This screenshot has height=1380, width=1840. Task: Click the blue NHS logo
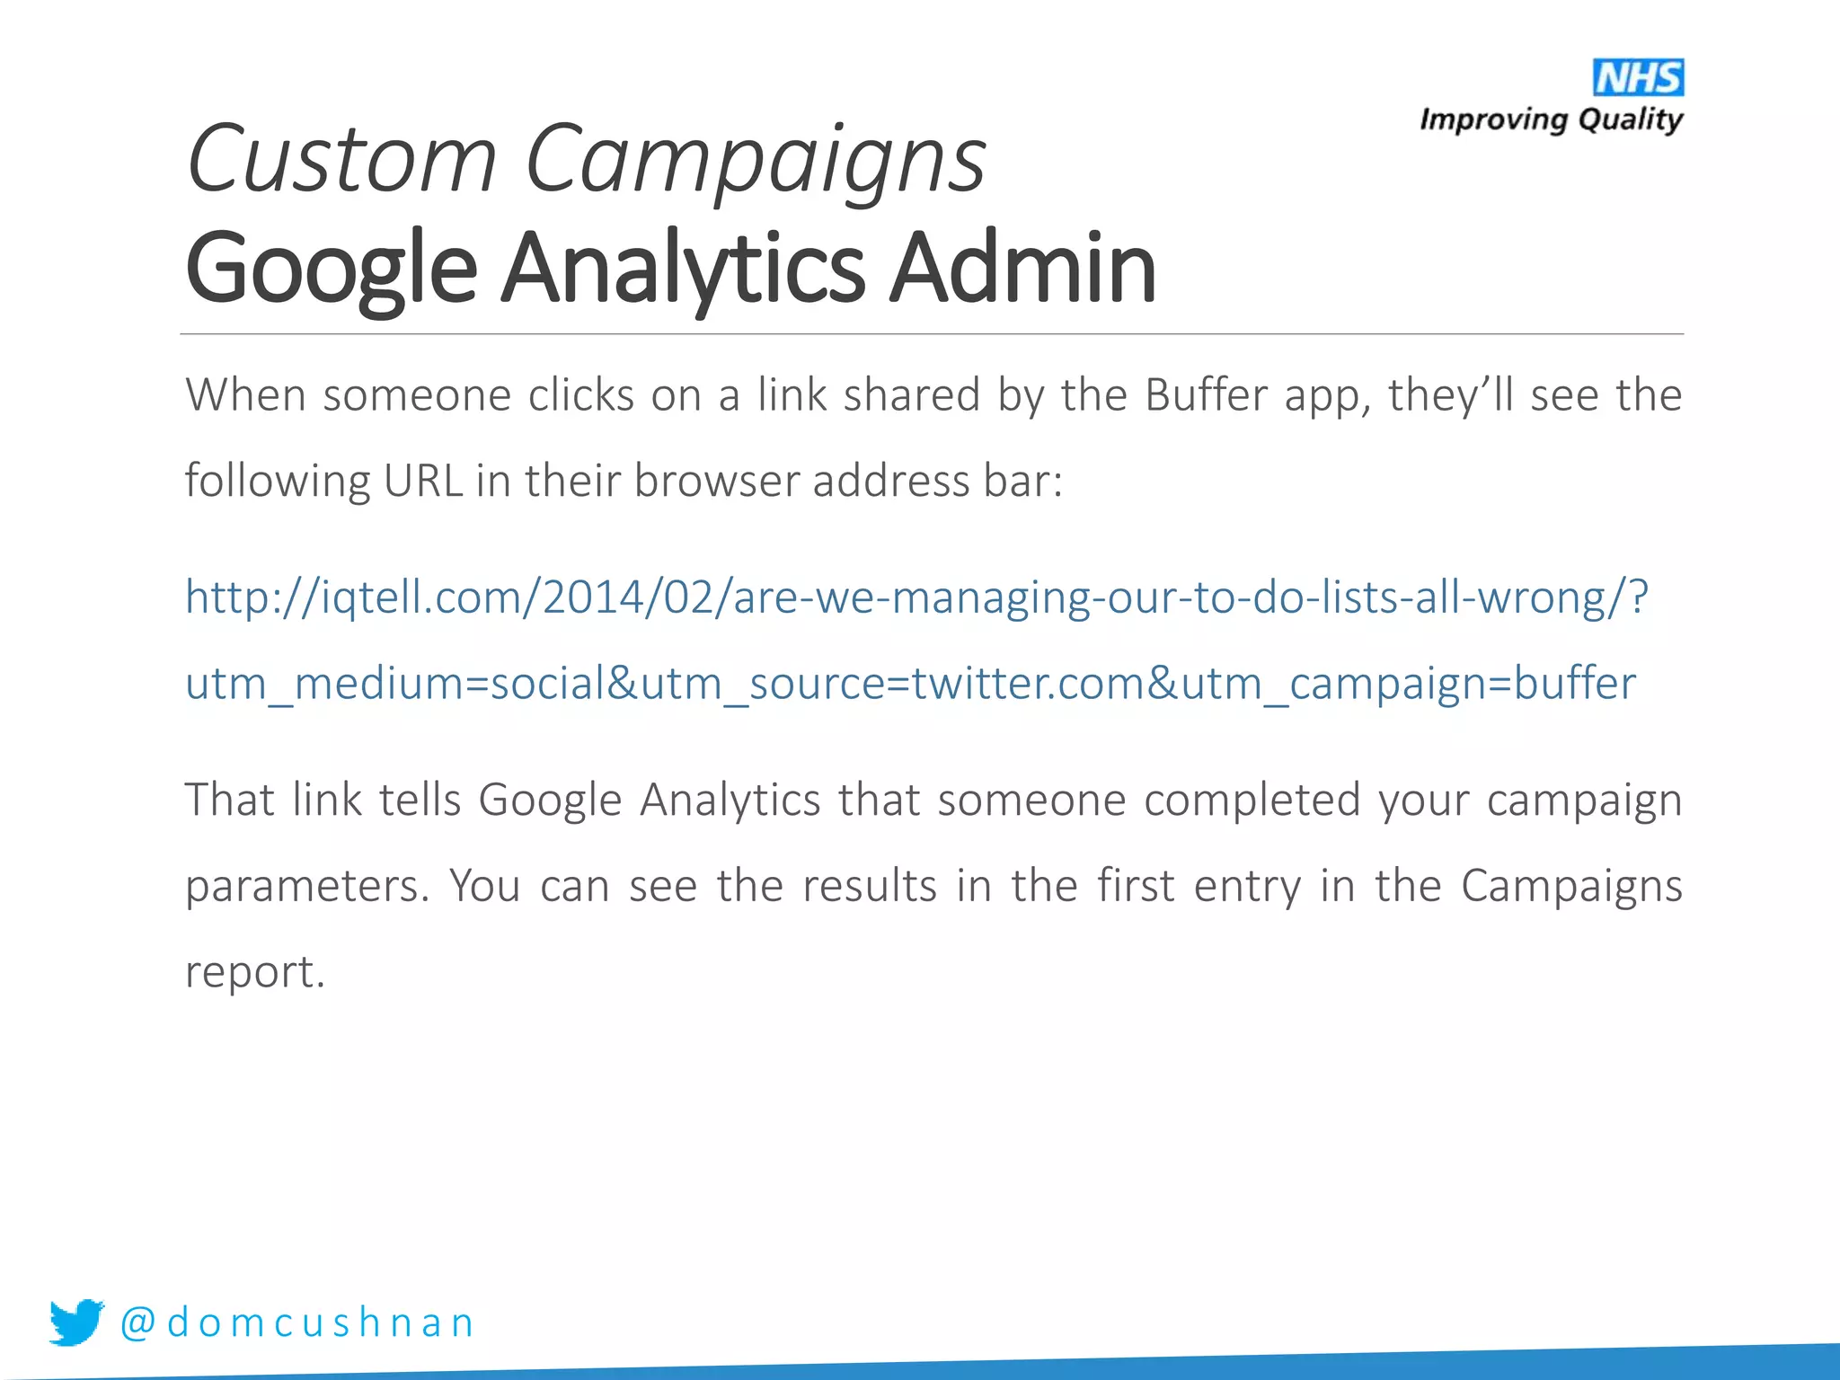1638,78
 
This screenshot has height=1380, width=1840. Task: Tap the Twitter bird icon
76,1322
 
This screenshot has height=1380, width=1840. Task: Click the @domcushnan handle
297,1322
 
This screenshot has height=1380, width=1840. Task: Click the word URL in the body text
422,481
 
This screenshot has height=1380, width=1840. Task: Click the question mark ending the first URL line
1638,597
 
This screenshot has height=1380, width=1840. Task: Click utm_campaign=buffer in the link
1408,684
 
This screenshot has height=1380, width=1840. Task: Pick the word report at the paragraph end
254,972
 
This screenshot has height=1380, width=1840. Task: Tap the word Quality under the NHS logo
1630,119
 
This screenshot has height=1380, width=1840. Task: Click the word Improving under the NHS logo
1492,119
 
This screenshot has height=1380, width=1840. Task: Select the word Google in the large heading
332,268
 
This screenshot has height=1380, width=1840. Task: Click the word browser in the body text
716,481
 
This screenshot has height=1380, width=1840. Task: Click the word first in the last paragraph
1136,886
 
